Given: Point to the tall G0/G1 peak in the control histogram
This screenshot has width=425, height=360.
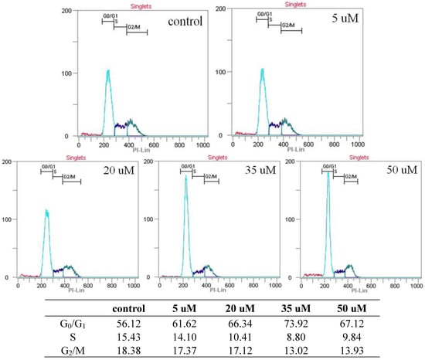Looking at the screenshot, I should tap(107, 72).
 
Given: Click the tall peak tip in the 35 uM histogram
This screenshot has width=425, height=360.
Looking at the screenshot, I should tap(186, 177).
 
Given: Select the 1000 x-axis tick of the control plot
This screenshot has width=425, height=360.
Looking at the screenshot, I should tap(202, 144).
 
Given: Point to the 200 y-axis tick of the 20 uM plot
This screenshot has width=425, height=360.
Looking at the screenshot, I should tap(8, 162).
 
